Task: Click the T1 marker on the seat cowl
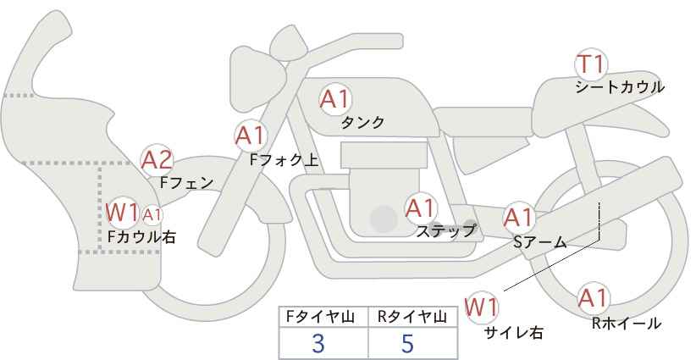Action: [591, 64]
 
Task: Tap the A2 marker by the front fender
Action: [157, 159]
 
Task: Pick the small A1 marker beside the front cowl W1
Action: [152, 214]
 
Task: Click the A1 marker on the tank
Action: [334, 99]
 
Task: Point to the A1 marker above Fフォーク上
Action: [251, 134]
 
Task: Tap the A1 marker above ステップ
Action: [420, 207]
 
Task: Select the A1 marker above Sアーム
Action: [518, 217]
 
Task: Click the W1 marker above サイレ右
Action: [483, 306]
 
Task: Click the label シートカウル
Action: [619, 86]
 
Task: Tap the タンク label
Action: [362, 122]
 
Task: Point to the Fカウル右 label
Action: [141, 236]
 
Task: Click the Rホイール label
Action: [627, 323]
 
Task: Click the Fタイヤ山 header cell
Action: [323, 317]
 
